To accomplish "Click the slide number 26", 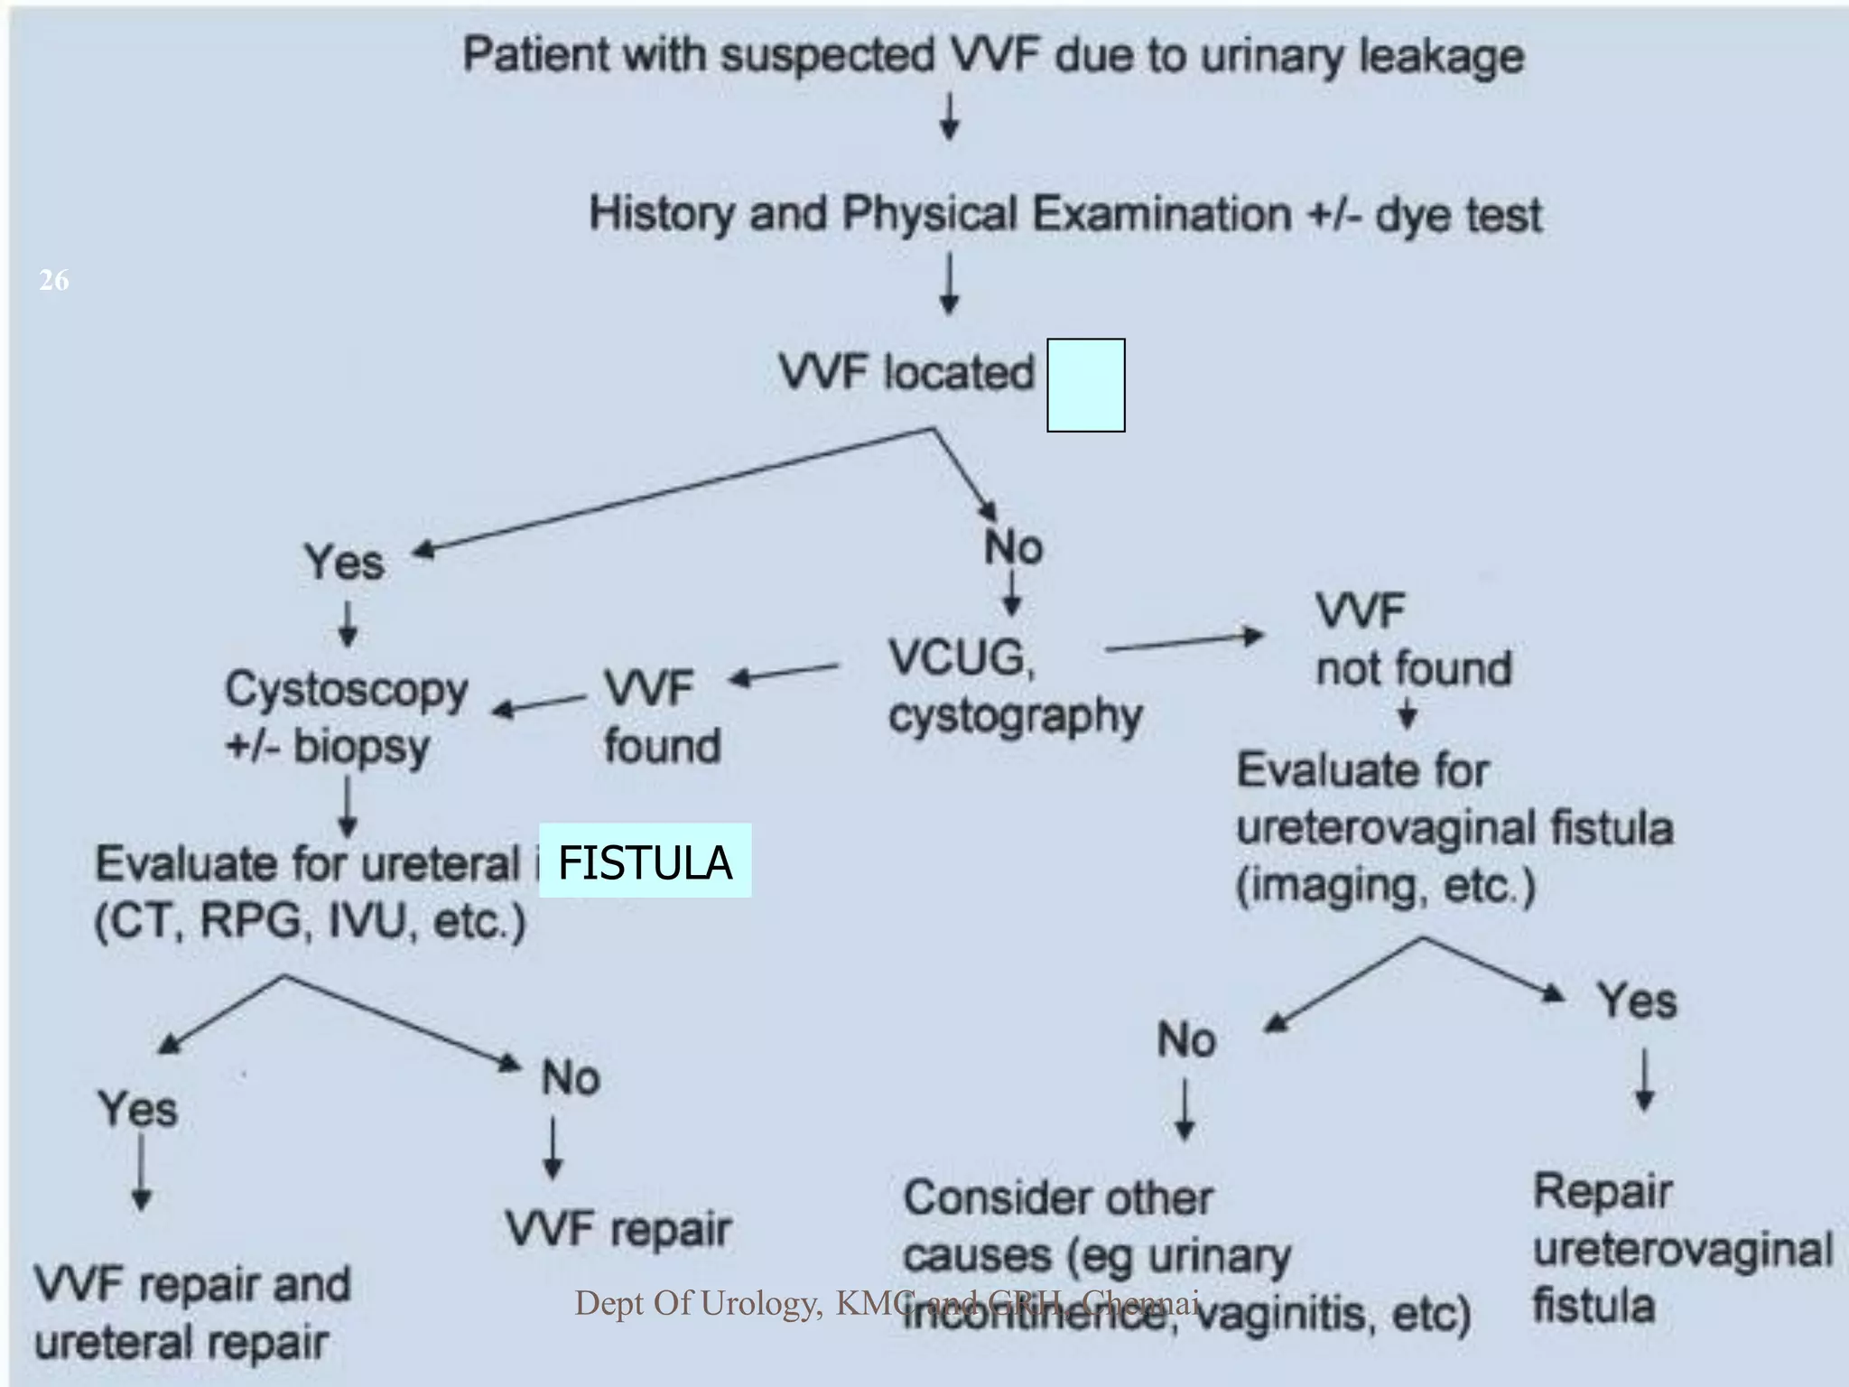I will [53, 280].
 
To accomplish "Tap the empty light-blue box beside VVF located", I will [1085, 386].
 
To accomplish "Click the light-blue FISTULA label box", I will [645, 861].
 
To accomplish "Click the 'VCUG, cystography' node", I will [1013, 686].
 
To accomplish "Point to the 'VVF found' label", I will [661, 717].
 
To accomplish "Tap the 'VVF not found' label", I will [1411, 640].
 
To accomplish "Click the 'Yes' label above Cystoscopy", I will [343, 563].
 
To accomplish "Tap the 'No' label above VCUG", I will [1013, 547].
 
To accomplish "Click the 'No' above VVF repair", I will [571, 1078].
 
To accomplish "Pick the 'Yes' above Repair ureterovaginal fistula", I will [1636, 1001].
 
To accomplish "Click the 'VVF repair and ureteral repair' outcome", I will [191, 1313].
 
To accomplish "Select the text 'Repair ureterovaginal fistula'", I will [1681, 1249].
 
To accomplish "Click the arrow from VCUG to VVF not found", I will [1183, 641].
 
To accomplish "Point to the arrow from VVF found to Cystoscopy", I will [540, 705].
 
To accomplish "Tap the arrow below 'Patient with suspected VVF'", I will [949, 118].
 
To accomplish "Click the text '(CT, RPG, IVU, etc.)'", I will [310, 921].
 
